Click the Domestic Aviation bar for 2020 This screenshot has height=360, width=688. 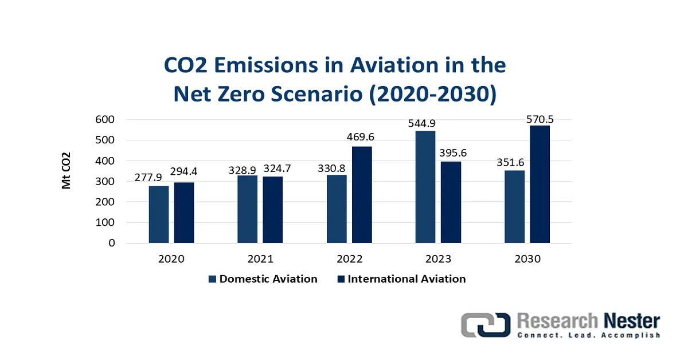[x=159, y=214]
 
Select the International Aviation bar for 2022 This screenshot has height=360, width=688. [x=362, y=195]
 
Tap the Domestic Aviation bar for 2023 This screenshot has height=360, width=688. [x=425, y=187]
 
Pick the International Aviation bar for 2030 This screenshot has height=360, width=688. [x=540, y=185]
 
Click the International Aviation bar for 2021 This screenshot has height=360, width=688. [x=273, y=210]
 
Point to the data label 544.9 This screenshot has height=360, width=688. [x=422, y=123]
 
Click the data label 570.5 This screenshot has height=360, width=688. [x=540, y=119]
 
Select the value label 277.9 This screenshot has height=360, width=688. [x=148, y=177]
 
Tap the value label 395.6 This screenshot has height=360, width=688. [x=453, y=152]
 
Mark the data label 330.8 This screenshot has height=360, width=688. [x=331, y=169]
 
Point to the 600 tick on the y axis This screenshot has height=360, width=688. [x=105, y=119]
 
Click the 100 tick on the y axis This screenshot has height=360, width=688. [x=105, y=222]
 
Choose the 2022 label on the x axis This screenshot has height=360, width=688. [x=350, y=259]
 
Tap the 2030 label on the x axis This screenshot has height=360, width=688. [x=527, y=259]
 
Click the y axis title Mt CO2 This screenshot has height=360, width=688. [x=66, y=170]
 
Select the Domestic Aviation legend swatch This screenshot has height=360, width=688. [x=212, y=279]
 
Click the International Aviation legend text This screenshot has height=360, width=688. [x=406, y=279]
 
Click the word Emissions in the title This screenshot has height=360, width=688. [x=265, y=65]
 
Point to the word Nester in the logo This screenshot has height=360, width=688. [x=632, y=321]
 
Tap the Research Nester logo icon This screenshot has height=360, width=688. [x=486, y=325]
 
